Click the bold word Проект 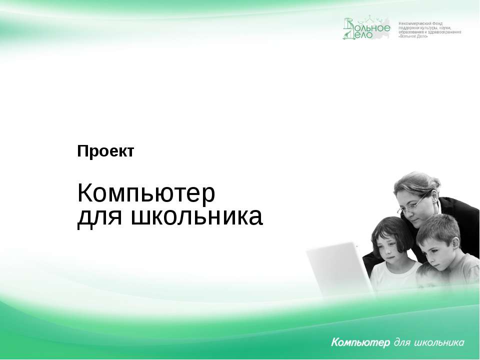coord(105,151)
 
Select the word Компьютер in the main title coord(146,194)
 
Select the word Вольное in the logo coord(374,26)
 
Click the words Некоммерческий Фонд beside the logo coord(420,24)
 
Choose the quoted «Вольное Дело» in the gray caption coord(413,37)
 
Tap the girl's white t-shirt coord(395,275)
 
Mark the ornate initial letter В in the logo coord(349,28)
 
